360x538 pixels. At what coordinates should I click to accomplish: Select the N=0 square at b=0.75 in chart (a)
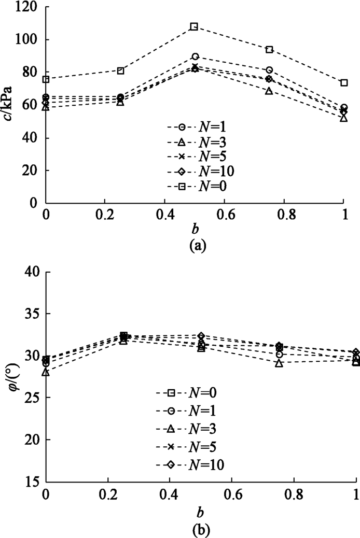pyautogui.click(x=269, y=49)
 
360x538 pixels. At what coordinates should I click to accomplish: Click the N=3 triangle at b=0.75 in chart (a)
pyautogui.click(x=269, y=91)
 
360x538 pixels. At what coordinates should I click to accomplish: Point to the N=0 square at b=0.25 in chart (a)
pyautogui.click(x=120, y=70)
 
